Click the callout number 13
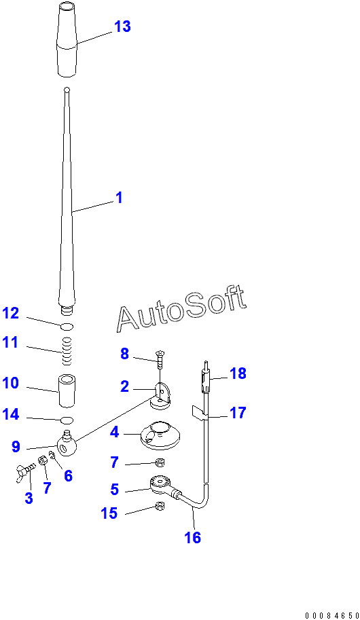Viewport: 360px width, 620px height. click(x=122, y=26)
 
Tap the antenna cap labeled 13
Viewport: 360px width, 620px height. click(x=67, y=39)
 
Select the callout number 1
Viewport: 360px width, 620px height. click(x=119, y=198)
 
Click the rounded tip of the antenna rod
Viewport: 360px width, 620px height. click(x=67, y=90)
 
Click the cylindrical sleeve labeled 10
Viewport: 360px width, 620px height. click(x=67, y=391)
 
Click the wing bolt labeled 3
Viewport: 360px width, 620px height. click(x=25, y=472)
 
